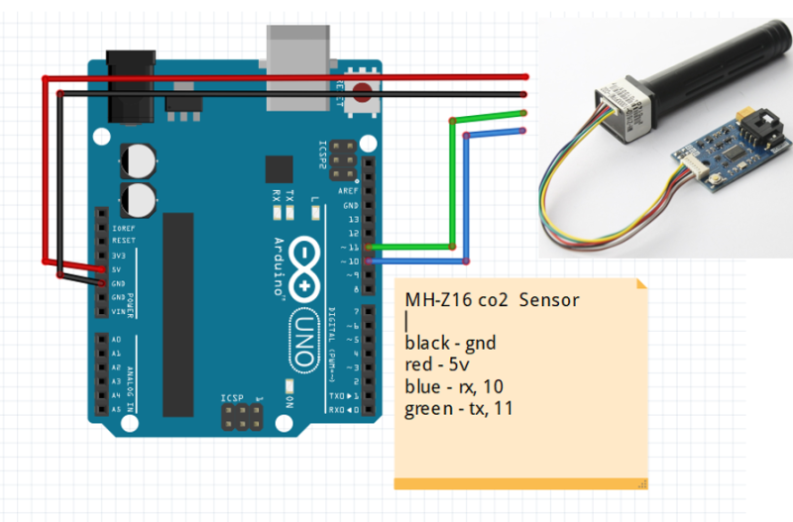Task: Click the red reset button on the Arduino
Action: click(361, 97)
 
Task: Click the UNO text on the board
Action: click(303, 332)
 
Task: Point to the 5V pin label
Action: click(118, 269)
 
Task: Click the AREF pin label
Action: click(349, 190)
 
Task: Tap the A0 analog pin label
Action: click(117, 339)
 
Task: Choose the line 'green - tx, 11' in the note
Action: click(458, 408)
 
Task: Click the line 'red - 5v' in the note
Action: click(437, 365)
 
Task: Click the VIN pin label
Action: click(118, 311)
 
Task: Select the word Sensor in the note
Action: click(549, 299)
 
